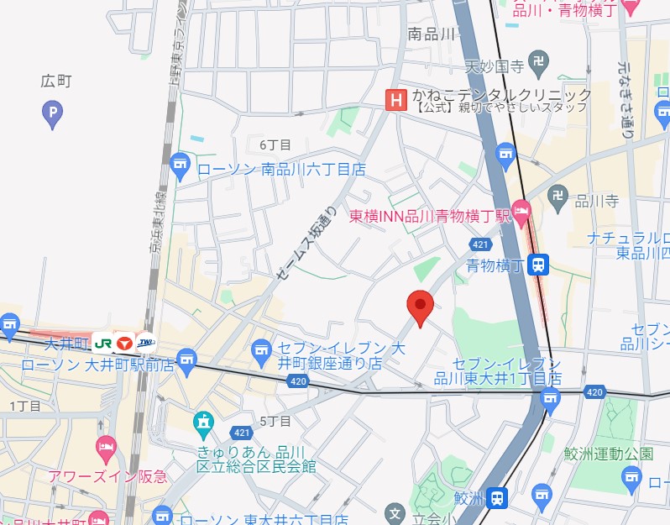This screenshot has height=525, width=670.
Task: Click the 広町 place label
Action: pos(56,81)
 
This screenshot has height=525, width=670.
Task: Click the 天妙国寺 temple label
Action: pos(495,65)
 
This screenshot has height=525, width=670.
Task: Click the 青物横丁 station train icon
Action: pos(540,265)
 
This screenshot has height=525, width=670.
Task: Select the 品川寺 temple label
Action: pos(596,201)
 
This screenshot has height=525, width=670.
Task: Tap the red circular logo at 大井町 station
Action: pos(124,343)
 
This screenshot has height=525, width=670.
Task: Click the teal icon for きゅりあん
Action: pos(203,423)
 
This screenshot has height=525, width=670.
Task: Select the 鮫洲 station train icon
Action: pos(499,498)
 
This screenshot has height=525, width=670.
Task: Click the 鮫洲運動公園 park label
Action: pos(608,454)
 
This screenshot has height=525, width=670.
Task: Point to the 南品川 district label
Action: pos(431,34)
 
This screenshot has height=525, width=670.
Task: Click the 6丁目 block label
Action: pos(275,145)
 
